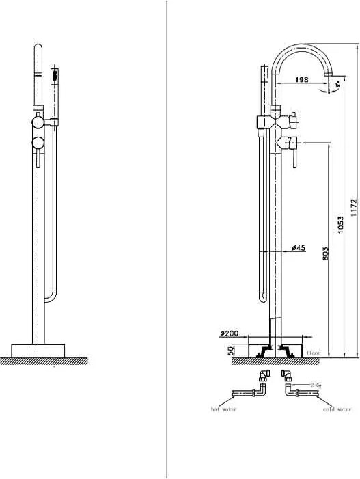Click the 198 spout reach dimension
coord(301,80)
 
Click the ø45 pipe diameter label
coord(298,248)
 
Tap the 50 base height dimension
coord(232,349)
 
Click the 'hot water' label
coord(224,409)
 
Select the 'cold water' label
coord(337,409)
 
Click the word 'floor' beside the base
coord(314,353)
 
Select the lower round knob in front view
coord(38,143)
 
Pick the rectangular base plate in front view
coord(39,348)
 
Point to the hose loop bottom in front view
coord(49,297)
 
